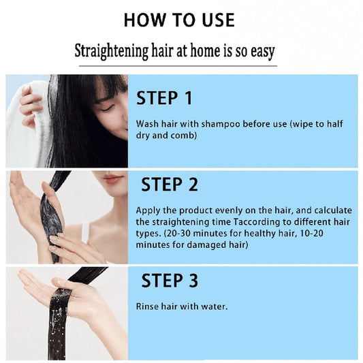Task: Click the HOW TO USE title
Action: click(x=179, y=20)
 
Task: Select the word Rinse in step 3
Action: click(x=148, y=306)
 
